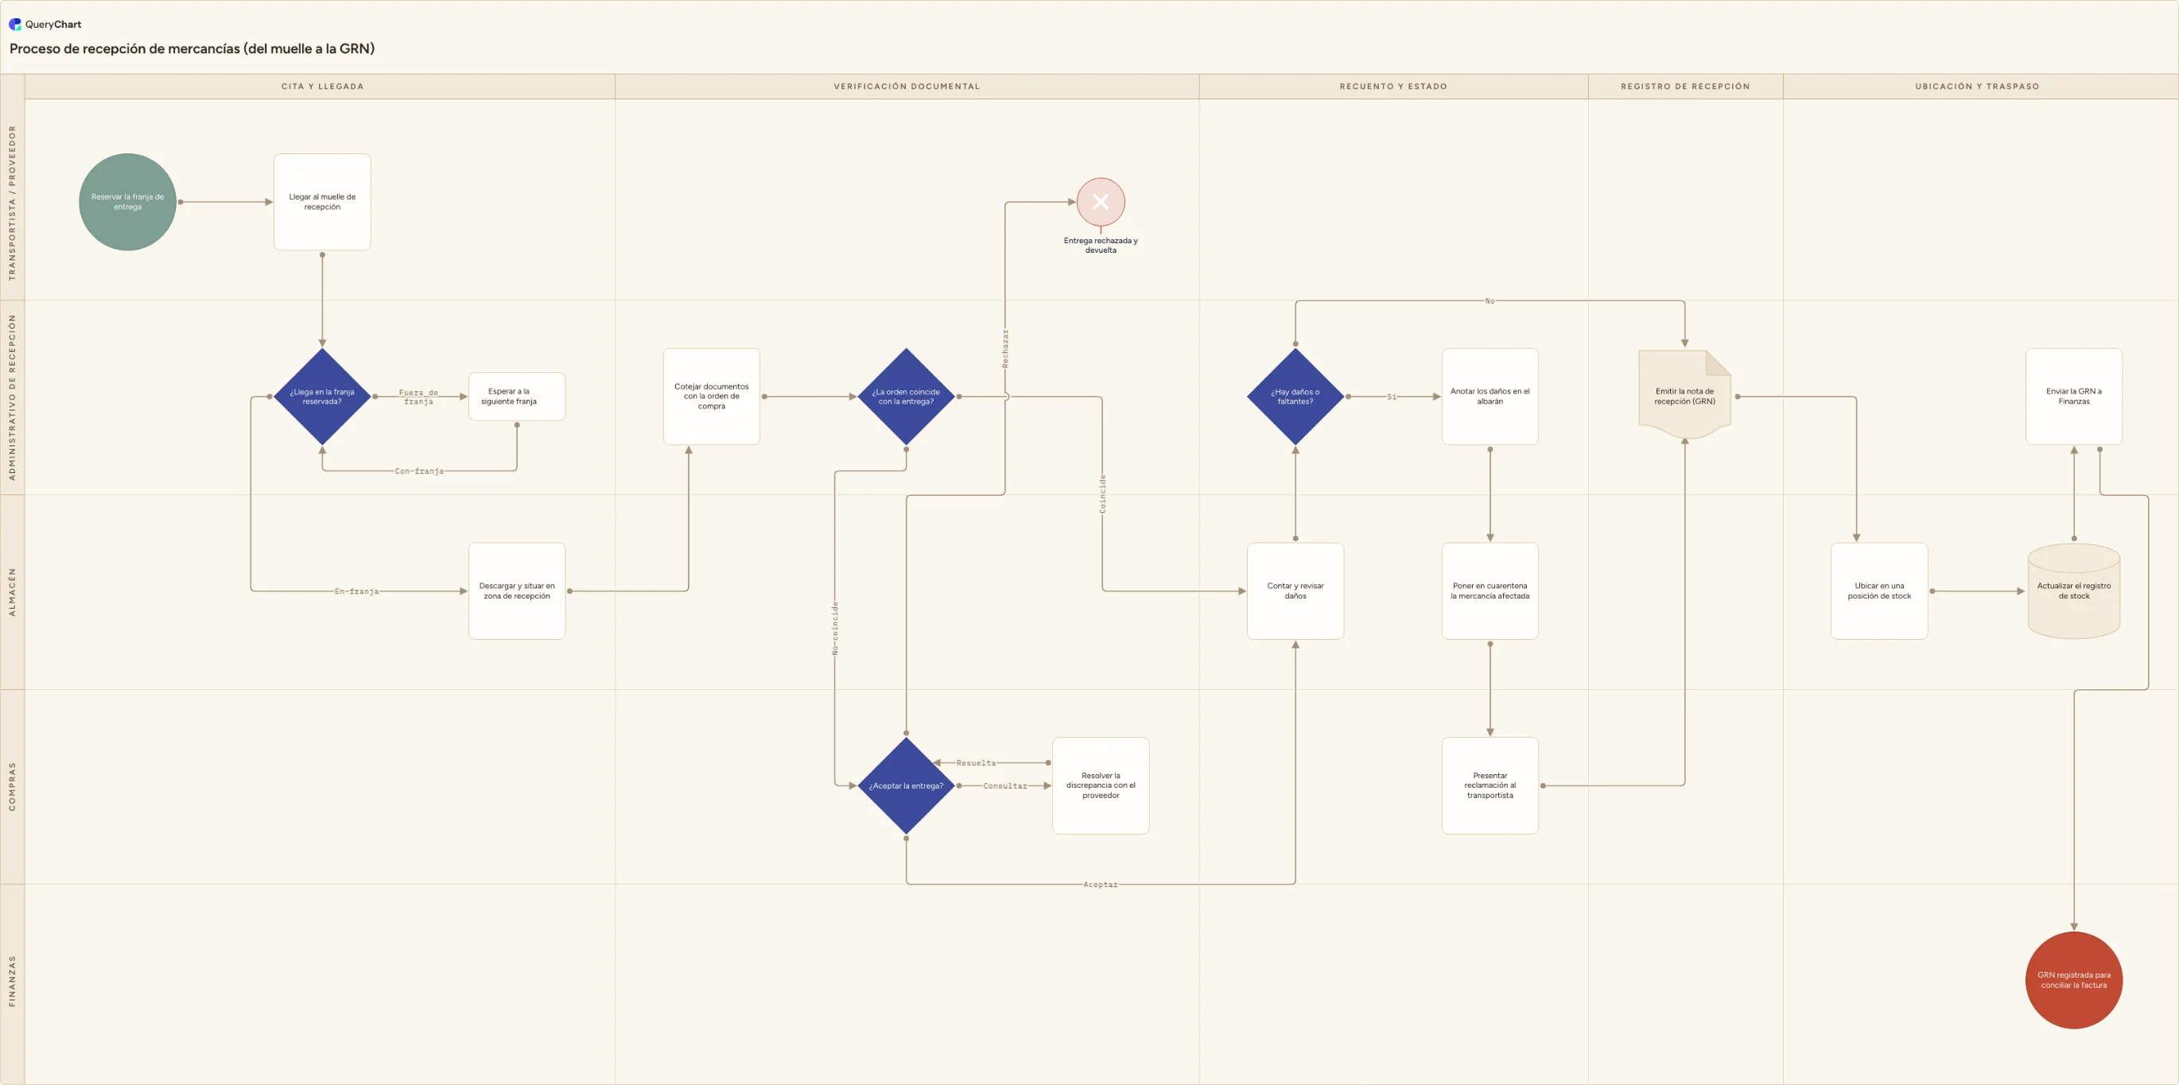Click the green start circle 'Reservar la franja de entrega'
click(128, 202)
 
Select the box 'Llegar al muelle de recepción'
click(322, 202)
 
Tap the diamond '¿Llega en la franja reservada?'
click(322, 397)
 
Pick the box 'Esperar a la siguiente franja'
click(517, 397)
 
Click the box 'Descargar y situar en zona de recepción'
click(517, 591)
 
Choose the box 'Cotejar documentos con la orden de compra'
click(712, 397)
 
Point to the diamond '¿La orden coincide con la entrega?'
click(906, 397)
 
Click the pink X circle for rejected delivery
click(1101, 202)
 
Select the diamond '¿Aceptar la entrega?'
click(906, 785)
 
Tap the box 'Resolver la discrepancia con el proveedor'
click(1101, 785)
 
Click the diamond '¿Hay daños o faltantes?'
click(1295, 397)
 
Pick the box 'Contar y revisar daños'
click(1295, 591)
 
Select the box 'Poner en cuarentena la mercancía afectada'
click(1490, 591)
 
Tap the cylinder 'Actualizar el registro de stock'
click(2073, 591)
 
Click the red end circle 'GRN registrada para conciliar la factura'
click(2073, 980)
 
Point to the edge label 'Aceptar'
click(1101, 885)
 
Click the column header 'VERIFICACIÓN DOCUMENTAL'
click(907, 87)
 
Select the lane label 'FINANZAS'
click(12, 981)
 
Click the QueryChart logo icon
click(15, 25)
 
